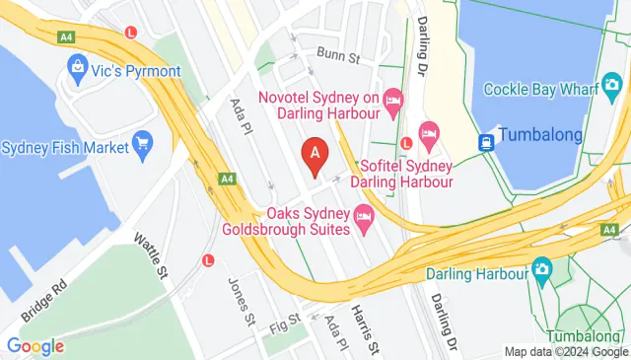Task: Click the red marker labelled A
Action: click(x=315, y=154)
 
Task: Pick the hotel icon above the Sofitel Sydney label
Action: click(x=429, y=131)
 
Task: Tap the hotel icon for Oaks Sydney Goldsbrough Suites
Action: click(x=363, y=215)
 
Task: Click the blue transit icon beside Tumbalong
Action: click(x=487, y=141)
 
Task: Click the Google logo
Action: click(x=35, y=346)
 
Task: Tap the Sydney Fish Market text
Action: click(x=65, y=148)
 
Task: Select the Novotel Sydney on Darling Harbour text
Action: click(x=318, y=106)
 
